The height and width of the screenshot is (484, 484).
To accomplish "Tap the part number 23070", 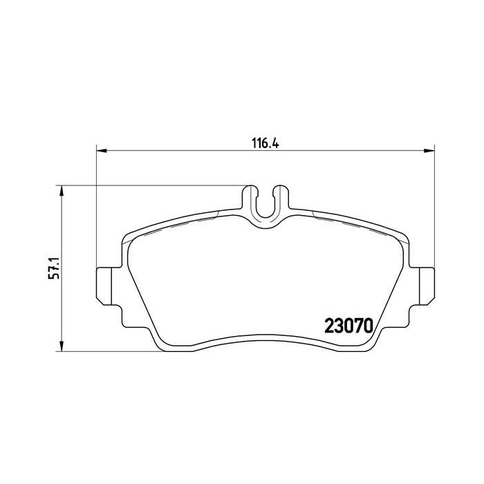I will [x=349, y=325].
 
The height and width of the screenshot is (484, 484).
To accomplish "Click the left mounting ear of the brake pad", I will [x=101, y=283].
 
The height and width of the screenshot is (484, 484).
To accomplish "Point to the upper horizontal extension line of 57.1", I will [x=152, y=185].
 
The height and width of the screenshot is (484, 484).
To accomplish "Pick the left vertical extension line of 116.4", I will [x=95, y=207].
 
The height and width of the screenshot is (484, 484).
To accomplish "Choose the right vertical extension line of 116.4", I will [x=433, y=207].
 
